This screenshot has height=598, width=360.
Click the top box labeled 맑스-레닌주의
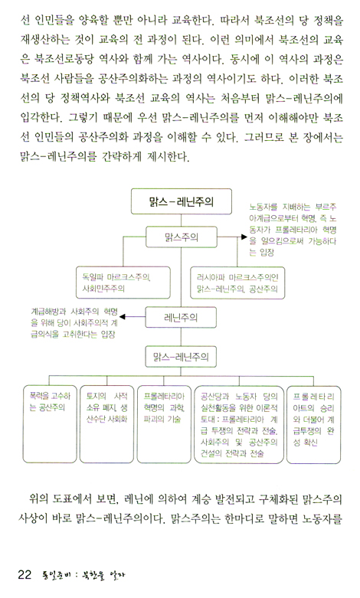[181, 201]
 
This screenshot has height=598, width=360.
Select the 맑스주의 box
[181, 237]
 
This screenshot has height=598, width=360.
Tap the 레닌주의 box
[181, 317]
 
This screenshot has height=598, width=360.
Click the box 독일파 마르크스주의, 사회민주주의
[123, 283]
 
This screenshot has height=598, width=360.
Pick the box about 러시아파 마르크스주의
[237, 283]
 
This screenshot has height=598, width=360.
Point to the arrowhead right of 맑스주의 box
[244, 237]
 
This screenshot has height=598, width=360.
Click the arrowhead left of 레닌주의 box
[123, 316]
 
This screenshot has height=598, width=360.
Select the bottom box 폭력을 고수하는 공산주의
[50, 424]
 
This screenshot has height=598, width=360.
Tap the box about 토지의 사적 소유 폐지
[106, 424]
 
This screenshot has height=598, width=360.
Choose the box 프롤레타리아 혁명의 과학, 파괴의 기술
[164, 424]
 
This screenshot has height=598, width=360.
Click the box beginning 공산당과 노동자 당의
[239, 424]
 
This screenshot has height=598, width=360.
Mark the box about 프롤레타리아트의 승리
[313, 424]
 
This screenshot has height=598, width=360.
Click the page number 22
[25, 574]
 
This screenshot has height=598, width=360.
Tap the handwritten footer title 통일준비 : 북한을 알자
[84, 575]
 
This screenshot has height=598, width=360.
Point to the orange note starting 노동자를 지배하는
[293, 230]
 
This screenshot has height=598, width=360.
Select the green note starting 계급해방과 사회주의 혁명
[74, 323]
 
